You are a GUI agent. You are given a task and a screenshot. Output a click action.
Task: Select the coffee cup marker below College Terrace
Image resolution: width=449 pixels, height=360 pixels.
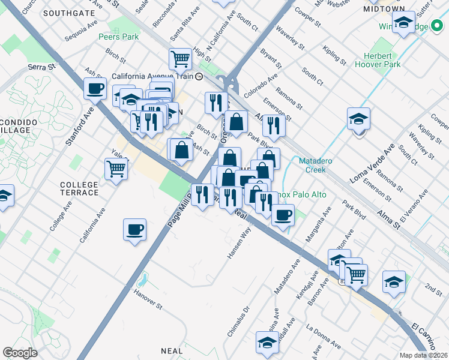[134, 229]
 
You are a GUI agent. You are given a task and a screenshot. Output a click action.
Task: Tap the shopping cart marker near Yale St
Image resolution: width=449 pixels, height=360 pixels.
[115, 169]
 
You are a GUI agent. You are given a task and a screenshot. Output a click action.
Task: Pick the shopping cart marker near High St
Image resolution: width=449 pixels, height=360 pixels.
[179, 59]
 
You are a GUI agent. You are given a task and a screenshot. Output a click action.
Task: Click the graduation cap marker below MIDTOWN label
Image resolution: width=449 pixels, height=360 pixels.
[404, 23]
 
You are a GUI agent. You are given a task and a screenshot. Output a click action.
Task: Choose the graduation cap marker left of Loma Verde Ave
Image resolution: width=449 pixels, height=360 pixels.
[358, 119]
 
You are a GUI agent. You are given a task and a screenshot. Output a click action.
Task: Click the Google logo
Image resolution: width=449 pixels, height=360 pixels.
[20, 353]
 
